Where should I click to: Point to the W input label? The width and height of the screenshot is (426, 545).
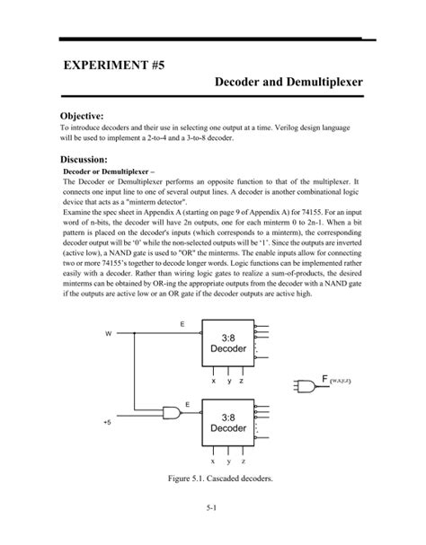(109, 335)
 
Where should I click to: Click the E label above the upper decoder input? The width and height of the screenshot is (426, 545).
(184, 322)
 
